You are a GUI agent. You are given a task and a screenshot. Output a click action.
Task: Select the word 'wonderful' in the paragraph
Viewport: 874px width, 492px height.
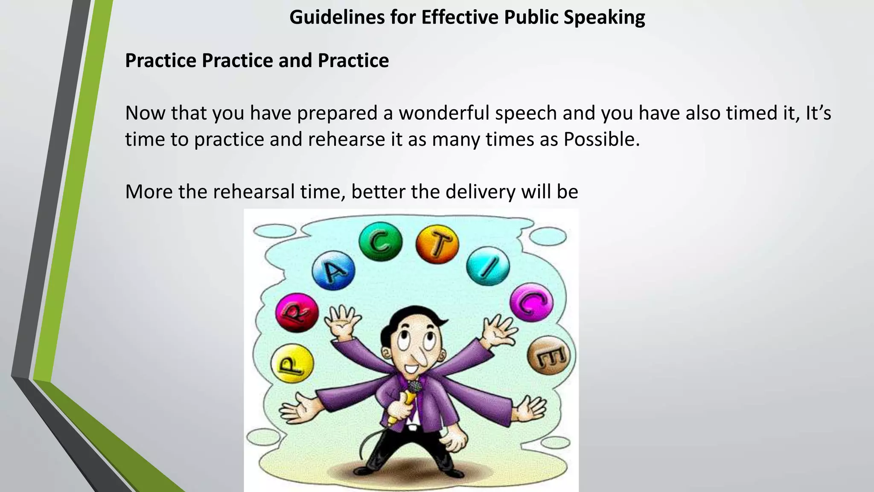tap(444, 113)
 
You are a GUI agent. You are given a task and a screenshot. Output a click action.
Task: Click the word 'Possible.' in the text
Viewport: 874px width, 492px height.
tap(602, 139)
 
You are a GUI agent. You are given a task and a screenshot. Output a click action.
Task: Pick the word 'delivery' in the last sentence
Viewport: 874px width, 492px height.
tap(480, 192)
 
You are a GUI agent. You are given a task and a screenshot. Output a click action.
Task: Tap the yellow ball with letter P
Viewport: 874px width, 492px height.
tap(292, 364)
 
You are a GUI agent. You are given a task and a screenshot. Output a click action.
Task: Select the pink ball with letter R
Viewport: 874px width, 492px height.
tap(297, 312)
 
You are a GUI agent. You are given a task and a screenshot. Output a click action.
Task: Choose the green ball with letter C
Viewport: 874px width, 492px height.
tap(380, 242)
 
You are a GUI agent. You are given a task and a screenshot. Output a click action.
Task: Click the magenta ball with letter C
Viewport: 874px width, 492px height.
tap(531, 302)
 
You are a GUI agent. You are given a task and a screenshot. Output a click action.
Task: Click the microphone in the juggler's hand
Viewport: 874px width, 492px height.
tap(412, 388)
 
